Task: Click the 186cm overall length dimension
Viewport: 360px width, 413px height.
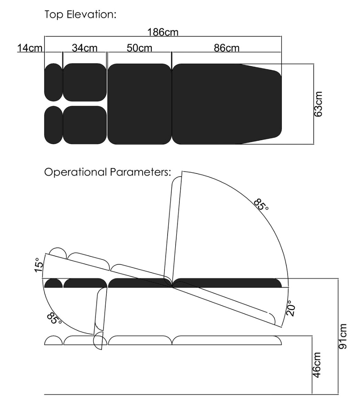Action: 163,32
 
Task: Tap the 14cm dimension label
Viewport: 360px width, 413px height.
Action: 30,48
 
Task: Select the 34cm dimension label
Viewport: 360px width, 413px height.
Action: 85,48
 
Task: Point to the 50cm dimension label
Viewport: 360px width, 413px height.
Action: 139,48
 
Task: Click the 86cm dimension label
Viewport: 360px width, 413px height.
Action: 226,48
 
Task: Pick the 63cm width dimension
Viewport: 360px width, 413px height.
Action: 318,104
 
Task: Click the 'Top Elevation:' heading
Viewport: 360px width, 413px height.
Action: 80,15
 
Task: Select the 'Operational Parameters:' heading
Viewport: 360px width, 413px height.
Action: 108,172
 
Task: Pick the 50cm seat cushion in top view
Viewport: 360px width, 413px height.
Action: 139,104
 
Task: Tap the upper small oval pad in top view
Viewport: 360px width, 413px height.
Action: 53,82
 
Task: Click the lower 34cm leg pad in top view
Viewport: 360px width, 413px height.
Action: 85,125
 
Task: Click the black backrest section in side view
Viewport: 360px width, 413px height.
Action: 227,283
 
